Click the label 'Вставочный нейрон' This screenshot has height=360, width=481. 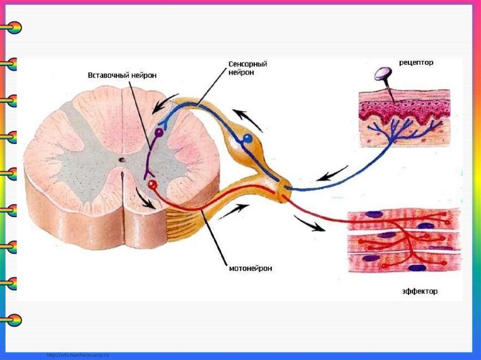tap(122, 75)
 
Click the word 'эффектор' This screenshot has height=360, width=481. tap(419, 291)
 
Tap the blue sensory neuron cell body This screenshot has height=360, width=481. tap(248, 138)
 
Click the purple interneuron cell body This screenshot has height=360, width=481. tap(159, 133)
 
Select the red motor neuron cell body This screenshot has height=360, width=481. tap(151, 184)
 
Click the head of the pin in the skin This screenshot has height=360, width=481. tap(383, 73)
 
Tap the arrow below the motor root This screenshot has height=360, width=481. tap(233, 211)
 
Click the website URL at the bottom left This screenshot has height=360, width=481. tap(77, 355)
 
